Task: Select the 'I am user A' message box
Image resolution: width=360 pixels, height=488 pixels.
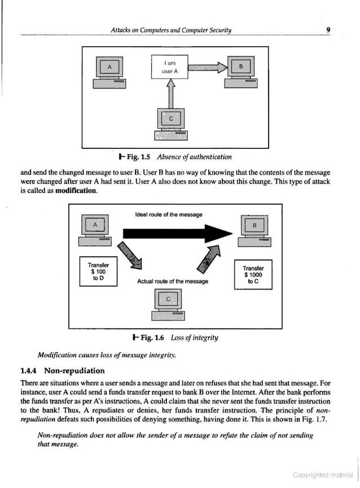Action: coord(169,68)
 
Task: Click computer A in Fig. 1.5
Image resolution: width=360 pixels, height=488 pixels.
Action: coord(110,73)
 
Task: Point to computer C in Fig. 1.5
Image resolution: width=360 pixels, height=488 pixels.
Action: coord(171,122)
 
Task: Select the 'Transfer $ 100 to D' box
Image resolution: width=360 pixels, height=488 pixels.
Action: coord(99,271)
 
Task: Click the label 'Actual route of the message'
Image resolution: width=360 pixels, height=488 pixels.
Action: coord(173,281)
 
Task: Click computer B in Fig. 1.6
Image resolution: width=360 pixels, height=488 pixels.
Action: coord(254,230)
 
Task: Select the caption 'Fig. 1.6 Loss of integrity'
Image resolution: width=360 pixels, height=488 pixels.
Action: coord(175,337)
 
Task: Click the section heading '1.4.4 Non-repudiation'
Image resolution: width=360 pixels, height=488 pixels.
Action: coord(63,371)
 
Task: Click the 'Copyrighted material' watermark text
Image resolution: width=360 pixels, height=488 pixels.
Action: coord(322,475)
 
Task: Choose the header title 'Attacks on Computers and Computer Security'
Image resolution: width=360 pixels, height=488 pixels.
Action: coord(172,30)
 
